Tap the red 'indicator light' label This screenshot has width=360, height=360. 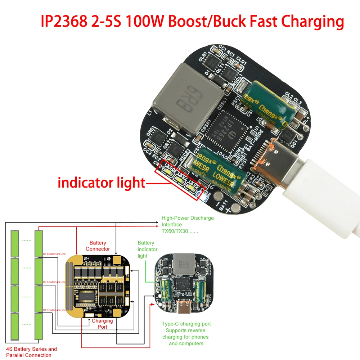(101, 183)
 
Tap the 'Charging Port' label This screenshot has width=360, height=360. (102, 324)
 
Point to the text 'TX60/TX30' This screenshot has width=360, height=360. (180, 231)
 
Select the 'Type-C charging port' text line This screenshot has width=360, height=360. (186, 324)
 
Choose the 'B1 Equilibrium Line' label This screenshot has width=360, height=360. (54, 310)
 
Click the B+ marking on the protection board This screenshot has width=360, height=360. (86, 258)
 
